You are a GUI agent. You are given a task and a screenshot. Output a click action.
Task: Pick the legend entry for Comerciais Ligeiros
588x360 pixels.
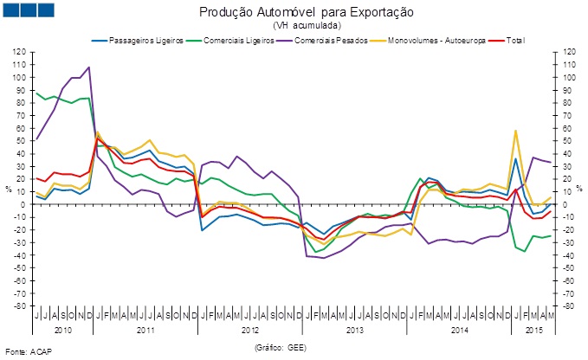pyautogui.click(x=235, y=41)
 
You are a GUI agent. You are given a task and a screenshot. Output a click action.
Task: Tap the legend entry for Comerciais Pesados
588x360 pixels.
pyautogui.click(x=331, y=41)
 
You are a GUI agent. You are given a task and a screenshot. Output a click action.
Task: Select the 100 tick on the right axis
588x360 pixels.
pyautogui.click(x=569, y=77)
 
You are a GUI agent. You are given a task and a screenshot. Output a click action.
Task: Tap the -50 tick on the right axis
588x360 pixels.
pyautogui.click(x=569, y=268)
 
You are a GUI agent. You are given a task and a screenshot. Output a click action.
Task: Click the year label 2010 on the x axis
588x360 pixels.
pyautogui.click(x=62, y=330)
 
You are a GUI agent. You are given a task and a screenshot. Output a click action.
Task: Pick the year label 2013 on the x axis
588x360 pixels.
pyautogui.click(x=355, y=330)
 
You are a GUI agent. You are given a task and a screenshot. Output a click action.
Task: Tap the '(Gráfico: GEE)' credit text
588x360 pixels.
pyautogui.click(x=281, y=346)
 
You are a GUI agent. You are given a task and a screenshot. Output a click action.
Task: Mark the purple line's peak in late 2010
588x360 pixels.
pyautogui.click(x=89, y=67)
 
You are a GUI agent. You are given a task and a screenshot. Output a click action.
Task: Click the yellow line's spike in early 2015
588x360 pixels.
pyautogui.click(x=516, y=131)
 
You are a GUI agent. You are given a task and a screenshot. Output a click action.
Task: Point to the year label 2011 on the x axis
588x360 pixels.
pyautogui.click(x=145, y=330)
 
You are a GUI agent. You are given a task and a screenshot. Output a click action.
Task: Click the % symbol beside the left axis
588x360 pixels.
pyautogui.click(x=9, y=188)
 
